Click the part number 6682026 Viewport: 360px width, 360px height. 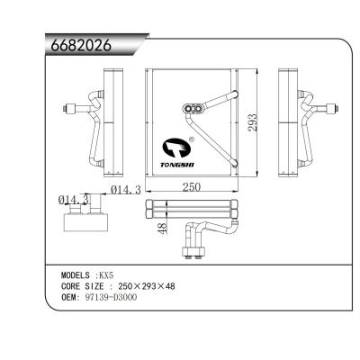coord(78,47)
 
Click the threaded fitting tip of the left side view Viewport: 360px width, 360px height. coord(65,112)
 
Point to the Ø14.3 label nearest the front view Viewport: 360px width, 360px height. coord(127,188)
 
